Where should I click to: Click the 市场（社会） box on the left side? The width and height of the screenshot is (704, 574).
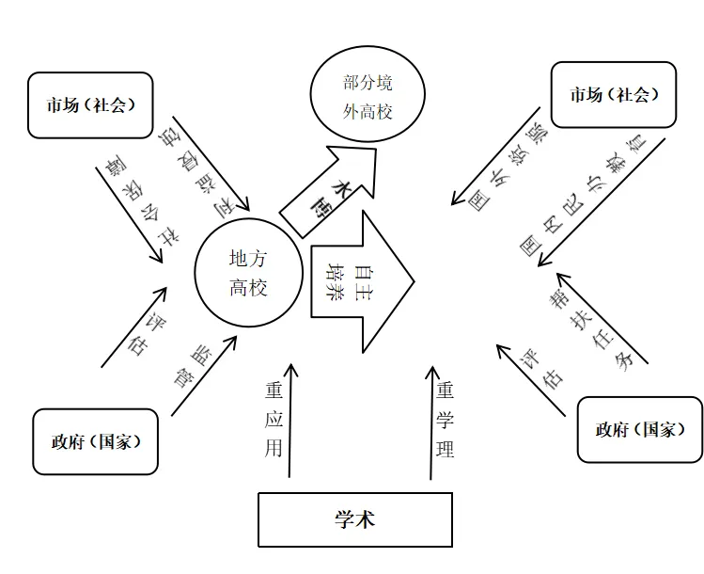[90, 104]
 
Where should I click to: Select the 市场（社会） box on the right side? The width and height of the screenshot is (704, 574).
[614, 94]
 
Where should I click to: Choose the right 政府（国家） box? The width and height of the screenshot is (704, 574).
[639, 430]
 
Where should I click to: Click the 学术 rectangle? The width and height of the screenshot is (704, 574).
[354, 519]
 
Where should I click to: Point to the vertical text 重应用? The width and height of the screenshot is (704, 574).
[274, 420]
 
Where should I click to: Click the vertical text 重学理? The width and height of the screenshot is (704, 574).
[446, 420]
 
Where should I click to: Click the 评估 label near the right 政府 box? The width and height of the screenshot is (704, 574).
[541, 368]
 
